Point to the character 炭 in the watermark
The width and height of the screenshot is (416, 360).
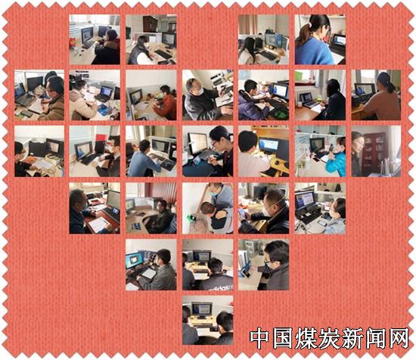coord(328,338)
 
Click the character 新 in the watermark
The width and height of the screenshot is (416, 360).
coord(351,338)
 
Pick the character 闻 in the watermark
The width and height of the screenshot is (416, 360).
coord(374,338)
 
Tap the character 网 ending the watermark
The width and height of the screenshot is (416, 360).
coord(397,338)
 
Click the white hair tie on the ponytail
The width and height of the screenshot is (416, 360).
coord(309,25)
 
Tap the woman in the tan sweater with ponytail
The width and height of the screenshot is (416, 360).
coord(382,98)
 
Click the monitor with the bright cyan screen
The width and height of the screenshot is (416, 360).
coord(134,260)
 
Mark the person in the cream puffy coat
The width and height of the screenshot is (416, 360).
coord(80,104)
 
